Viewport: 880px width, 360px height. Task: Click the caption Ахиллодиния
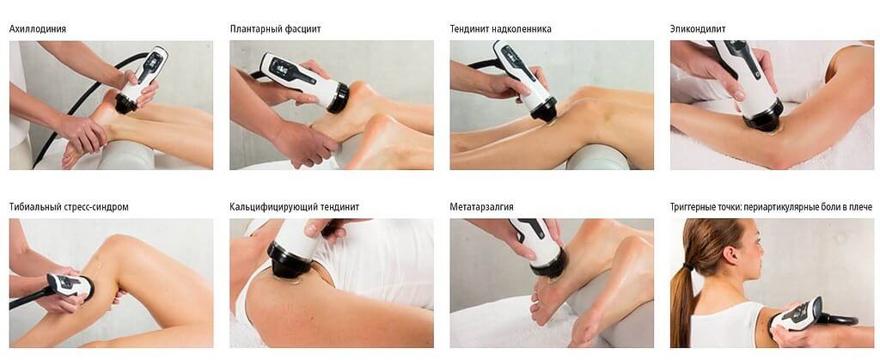tap(38, 28)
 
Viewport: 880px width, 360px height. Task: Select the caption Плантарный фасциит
tap(276, 28)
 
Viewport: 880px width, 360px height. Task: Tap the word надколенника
tap(522, 28)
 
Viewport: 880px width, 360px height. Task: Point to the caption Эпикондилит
tap(698, 28)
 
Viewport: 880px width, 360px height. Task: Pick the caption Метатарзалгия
tap(481, 207)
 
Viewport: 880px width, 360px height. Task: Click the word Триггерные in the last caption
tap(694, 207)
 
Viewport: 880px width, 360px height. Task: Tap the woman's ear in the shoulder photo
tap(729, 253)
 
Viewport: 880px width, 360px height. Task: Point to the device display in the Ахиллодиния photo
tap(150, 62)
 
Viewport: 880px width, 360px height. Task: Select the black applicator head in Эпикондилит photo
tap(764, 117)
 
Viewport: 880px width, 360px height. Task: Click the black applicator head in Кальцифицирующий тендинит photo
tap(290, 259)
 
